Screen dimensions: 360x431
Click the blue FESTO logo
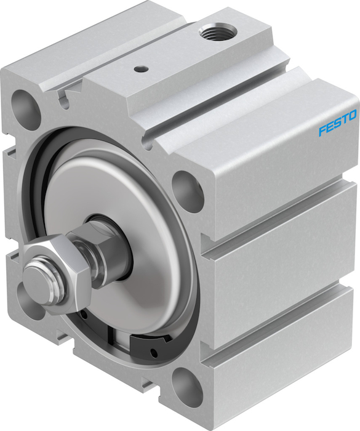338,123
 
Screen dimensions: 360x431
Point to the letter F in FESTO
322,131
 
